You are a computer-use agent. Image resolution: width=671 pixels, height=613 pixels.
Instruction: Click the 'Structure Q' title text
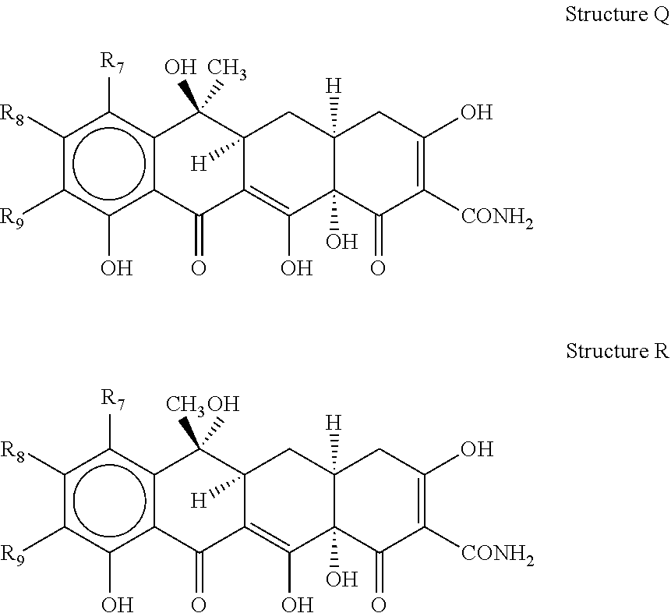point(617,15)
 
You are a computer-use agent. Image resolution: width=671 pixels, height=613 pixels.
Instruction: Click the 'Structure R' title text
point(617,351)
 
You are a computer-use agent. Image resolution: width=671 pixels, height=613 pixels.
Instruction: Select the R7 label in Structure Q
point(112,62)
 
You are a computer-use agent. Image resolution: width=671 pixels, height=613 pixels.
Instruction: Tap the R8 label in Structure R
point(12,452)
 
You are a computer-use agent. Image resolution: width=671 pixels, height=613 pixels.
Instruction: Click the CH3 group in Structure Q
point(228,69)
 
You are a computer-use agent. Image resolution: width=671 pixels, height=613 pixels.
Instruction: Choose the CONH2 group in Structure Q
point(497,218)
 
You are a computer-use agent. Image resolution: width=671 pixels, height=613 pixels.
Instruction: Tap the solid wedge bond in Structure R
point(189,433)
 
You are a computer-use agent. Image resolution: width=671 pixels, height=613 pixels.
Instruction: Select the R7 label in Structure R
point(113,399)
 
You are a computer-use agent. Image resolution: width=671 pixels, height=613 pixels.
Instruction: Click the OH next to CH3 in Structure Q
point(180,67)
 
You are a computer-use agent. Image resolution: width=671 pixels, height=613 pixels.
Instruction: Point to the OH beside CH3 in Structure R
point(224,404)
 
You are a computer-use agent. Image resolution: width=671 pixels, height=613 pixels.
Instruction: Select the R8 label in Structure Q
point(12,115)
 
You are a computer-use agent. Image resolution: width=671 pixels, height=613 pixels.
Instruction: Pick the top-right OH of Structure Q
point(477,112)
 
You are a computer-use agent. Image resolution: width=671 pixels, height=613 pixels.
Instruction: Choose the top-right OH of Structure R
point(477,449)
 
